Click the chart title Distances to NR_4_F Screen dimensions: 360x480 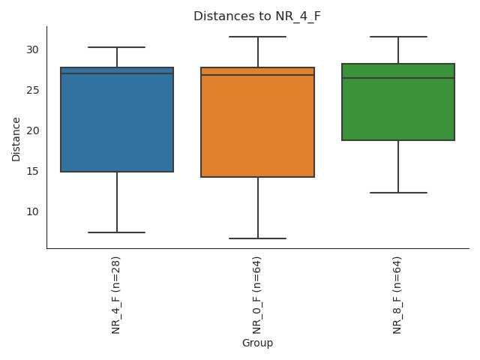pyautogui.click(x=257, y=16)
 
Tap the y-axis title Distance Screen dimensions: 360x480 pyautogui.click(x=16, y=139)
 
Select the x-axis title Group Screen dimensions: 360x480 pyautogui.click(x=257, y=343)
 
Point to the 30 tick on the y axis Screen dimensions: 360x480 pyautogui.click(x=33, y=49)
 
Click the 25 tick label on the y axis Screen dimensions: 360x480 pyautogui.click(x=33, y=90)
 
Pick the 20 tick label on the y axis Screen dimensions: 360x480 pyautogui.click(x=33, y=130)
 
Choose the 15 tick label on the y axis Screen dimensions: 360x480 pyautogui.click(x=33, y=171)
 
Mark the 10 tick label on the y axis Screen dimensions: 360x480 pyautogui.click(x=33, y=211)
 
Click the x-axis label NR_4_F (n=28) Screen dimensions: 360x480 pyautogui.click(x=116, y=295)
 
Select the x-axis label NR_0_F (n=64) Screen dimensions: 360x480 pyautogui.click(x=257, y=295)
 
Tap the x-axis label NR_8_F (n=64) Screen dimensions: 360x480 pyautogui.click(x=397, y=295)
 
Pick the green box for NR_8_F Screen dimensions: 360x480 pyautogui.click(x=398, y=109)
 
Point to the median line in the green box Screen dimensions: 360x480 pyautogui.click(x=398, y=78)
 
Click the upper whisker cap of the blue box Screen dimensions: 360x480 pyautogui.click(x=117, y=47)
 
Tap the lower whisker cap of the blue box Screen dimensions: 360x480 pyautogui.click(x=117, y=232)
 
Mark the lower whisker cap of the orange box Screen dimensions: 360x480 pyautogui.click(x=257, y=238)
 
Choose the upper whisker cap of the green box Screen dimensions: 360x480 pyautogui.click(x=398, y=37)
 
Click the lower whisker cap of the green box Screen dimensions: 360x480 pyautogui.click(x=398, y=193)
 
